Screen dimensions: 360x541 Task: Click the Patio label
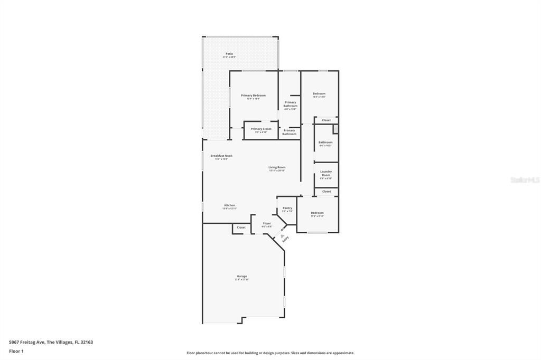coord(229,54)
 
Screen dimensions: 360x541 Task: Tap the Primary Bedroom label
coord(253,96)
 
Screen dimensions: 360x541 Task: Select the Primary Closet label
coord(261,129)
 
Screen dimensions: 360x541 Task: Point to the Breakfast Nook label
coord(221,156)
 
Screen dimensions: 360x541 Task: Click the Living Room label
coord(277,167)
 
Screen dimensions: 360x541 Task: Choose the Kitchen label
coord(229,205)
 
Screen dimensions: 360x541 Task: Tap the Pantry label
coord(287,208)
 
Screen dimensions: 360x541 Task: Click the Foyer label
coord(267,223)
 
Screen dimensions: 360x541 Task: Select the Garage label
coord(241,276)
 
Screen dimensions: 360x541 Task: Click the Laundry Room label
coord(326,173)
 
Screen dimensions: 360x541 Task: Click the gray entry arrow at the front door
coord(282,235)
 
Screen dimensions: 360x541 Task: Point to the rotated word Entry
coord(286,239)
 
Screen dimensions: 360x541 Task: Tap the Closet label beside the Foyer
coord(241,228)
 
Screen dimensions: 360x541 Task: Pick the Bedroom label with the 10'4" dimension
coord(319,93)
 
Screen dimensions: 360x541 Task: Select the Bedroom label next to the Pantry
coord(317,213)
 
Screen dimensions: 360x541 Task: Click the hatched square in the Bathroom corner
coord(335,129)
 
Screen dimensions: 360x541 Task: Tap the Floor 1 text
coord(16,351)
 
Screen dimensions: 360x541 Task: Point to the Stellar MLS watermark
coord(525,180)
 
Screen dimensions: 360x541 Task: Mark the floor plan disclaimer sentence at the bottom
coord(270,353)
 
